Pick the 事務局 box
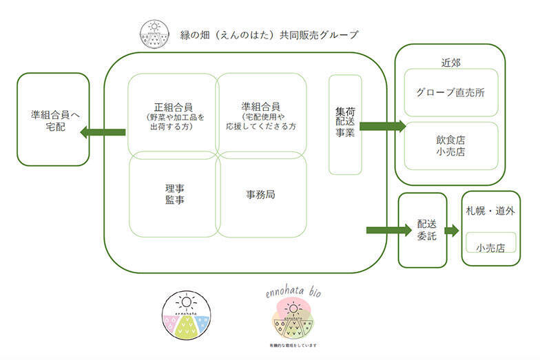(261, 194)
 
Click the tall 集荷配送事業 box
(345, 125)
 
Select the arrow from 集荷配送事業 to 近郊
(382, 125)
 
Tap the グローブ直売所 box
(450, 93)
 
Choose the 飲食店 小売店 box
(450, 145)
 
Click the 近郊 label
(450, 62)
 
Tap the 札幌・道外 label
(490, 211)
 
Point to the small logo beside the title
(154, 34)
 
